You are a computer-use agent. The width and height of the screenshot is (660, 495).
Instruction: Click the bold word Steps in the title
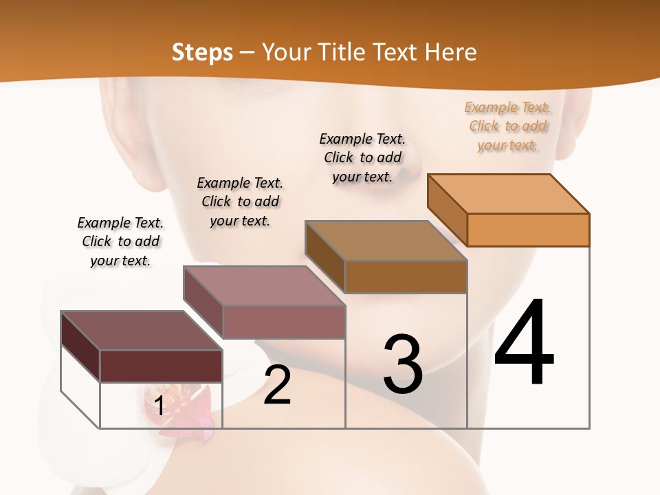[x=202, y=53]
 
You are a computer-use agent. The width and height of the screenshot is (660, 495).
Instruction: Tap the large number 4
[x=524, y=344]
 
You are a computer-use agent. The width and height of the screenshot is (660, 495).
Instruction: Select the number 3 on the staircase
[x=403, y=364]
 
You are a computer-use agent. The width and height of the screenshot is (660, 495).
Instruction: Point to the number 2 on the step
[x=277, y=385]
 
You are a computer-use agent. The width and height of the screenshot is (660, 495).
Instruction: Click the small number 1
[x=159, y=406]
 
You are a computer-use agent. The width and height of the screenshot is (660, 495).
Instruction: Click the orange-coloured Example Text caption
[x=507, y=126]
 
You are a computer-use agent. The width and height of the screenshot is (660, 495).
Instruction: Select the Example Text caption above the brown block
[x=362, y=157]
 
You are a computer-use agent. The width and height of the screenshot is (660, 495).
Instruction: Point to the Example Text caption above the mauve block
[x=240, y=201]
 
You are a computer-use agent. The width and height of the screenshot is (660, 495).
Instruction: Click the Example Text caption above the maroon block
[x=120, y=241]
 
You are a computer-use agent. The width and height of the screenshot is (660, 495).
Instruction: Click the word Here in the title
[x=450, y=52]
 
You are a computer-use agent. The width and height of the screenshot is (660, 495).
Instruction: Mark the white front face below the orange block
[x=528, y=337]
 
